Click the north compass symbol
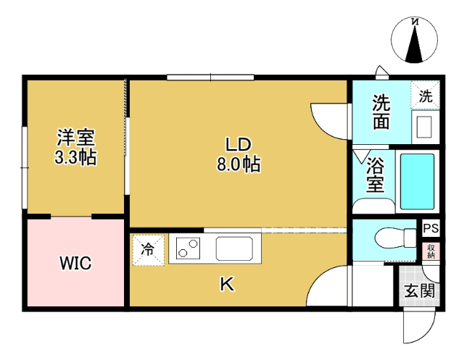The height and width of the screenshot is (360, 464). coord(415,41)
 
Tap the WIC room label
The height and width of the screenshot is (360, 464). coord(75,263)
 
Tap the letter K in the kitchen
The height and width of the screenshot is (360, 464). coord(227,285)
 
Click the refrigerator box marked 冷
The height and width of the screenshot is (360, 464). coord(148,251)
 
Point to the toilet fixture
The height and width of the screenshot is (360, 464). coord(391,237)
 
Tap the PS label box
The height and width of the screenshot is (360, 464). coord(431,229)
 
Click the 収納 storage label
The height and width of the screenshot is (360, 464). coord(431,251)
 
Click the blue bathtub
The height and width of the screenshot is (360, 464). coord(417,181)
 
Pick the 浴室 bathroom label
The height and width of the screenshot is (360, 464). coord(375,175)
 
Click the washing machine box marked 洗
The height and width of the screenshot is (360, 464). coord(426,95)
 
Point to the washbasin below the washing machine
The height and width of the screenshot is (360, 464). coord(424,126)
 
